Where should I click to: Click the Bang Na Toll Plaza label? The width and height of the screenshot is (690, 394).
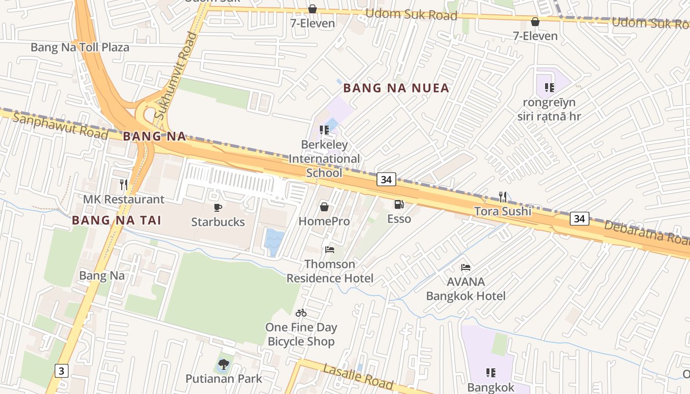(80, 47)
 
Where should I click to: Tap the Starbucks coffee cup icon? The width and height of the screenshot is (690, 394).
(218, 207)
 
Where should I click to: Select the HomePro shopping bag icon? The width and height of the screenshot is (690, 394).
(324, 207)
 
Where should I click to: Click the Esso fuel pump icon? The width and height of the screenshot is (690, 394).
(399, 204)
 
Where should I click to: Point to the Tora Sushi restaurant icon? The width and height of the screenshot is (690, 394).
(503, 197)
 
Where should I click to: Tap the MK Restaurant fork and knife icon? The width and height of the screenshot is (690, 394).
(124, 185)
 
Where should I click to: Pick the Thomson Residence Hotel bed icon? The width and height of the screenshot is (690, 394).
(330, 250)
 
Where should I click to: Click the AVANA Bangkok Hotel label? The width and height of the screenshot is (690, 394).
(466, 289)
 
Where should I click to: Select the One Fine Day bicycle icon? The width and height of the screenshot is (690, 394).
(301, 313)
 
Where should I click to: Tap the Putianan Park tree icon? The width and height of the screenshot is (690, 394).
(224, 364)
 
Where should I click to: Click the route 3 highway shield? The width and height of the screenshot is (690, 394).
(61, 370)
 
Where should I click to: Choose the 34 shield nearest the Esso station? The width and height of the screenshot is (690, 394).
(386, 180)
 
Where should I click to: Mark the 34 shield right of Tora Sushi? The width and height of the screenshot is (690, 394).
(580, 218)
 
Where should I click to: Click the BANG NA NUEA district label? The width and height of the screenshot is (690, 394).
(396, 88)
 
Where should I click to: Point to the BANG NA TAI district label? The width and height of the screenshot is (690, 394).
(117, 220)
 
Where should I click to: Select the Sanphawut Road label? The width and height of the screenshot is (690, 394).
(60, 126)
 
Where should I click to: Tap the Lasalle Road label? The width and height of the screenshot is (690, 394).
(358, 376)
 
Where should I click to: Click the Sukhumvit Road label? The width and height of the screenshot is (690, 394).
(175, 76)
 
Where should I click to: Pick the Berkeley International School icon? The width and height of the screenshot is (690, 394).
(324, 130)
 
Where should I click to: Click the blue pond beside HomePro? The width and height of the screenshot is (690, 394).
(274, 242)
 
